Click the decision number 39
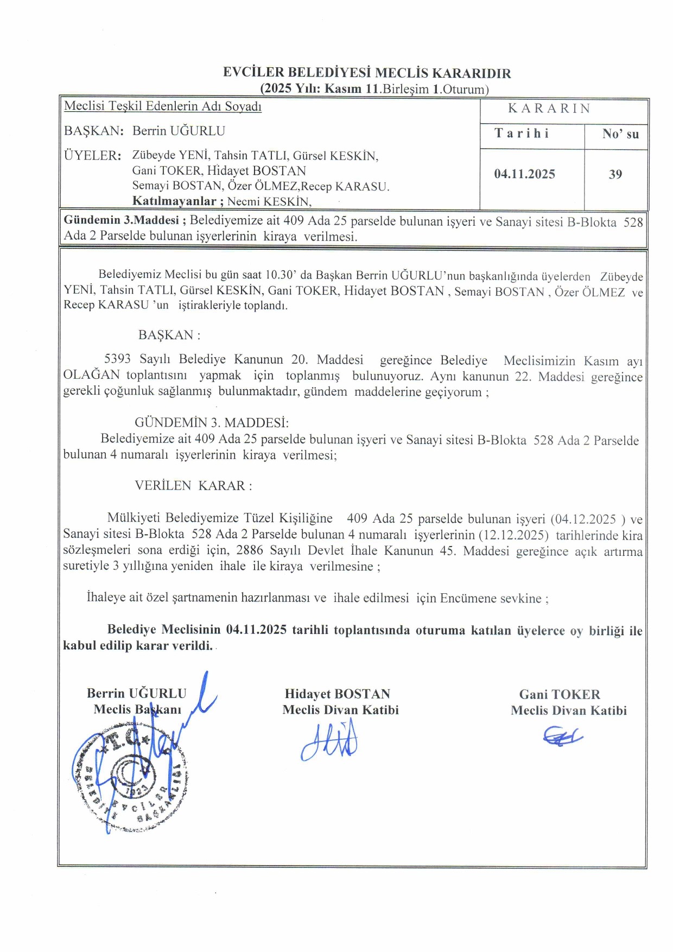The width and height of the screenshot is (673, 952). pos(615,174)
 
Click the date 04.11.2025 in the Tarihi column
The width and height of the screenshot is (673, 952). pos(524,174)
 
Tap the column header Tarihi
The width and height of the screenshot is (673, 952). pos(522,134)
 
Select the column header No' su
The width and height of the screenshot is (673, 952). pos(620,134)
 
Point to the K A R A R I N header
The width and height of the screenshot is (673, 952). pos(549,109)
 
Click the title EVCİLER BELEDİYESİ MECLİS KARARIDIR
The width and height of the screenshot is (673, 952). pos(367,73)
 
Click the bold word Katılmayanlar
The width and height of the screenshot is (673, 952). pos(174,201)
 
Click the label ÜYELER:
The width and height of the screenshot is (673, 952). pos(92,156)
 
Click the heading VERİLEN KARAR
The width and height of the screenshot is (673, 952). pos(193,486)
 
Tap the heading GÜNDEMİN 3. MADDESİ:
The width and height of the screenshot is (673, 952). pos(212,423)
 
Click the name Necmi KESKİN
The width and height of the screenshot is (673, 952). pos(269,202)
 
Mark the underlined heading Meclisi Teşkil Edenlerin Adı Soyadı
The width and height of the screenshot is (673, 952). pos(163,106)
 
